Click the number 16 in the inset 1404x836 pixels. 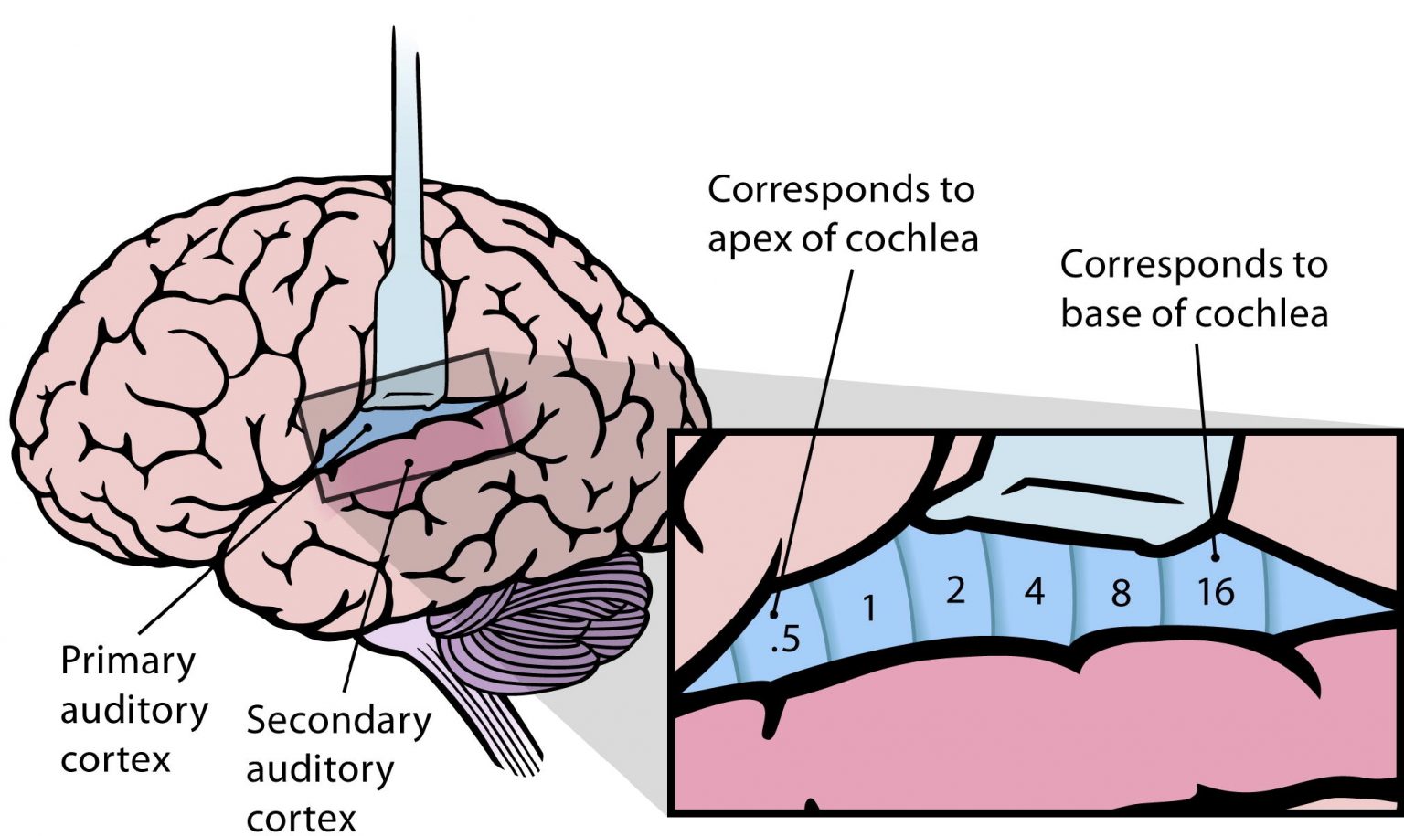coord(1216,592)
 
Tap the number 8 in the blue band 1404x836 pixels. coord(1121,593)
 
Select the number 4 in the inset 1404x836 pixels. coord(1034,592)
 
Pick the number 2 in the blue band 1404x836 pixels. coord(955,590)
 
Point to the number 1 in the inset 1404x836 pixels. coord(869,608)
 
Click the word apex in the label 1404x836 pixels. coord(750,239)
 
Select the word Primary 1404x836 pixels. coord(128,661)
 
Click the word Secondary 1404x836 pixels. coord(338,720)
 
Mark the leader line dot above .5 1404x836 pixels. coord(775,614)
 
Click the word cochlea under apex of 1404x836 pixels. coord(911,239)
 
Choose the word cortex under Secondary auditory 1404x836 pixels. coord(301,817)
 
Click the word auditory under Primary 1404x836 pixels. coord(134,710)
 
